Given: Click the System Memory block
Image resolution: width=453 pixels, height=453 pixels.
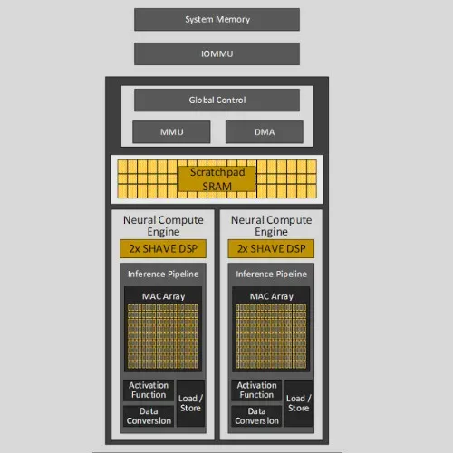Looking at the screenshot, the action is [x=217, y=20].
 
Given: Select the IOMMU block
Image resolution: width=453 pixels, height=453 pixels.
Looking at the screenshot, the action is [x=217, y=53].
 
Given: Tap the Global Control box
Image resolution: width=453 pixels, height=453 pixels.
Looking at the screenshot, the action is [x=217, y=100].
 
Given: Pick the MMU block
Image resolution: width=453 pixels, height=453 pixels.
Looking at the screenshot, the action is [x=171, y=132].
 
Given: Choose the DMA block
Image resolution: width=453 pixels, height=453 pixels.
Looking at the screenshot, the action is [x=265, y=132].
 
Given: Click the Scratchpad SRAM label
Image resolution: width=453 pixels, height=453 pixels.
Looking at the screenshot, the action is [x=217, y=179].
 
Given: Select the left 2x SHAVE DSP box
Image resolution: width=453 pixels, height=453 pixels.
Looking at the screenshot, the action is [x=163, y=248].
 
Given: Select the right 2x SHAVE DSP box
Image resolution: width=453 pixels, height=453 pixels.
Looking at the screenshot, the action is [x=271, y=248].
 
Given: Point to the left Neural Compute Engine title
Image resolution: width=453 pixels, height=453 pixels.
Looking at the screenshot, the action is [x=163, y=226].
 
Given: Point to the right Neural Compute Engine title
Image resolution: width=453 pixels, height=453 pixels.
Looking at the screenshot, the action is [x=271, y=226].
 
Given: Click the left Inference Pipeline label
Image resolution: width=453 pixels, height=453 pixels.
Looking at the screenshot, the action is [x=163, y=274].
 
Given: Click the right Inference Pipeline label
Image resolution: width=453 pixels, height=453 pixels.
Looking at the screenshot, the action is [x=271, y=274].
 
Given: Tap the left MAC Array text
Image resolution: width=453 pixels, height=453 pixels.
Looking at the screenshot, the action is [x=163, y=296].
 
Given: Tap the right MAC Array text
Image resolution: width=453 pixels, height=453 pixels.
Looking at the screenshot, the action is [x=272, y=296].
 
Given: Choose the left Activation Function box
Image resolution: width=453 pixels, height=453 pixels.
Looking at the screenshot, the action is [x=149, y=390].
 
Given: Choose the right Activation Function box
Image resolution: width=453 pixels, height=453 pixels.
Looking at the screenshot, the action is [x=256, y=390].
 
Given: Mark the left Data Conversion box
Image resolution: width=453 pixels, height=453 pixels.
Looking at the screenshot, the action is [x=149, y=416].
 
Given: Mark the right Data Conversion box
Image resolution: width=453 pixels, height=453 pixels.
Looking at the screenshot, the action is [x=256, y=416].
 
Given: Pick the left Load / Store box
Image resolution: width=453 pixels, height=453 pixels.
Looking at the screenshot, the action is [x=190, y=403].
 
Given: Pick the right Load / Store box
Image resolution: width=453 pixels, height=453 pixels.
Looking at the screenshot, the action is [x=298, y=403].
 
